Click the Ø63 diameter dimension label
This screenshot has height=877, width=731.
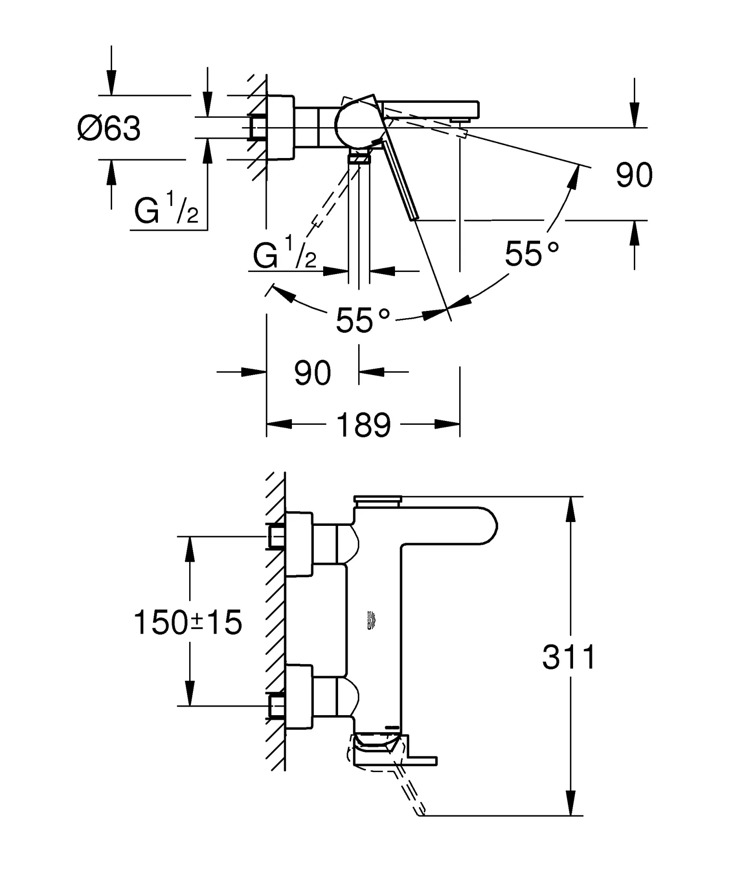pyautogui.click(x=109, y=128)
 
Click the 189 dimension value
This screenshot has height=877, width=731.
pyautogui.click(x=363, y=425)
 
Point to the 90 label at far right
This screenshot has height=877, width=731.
pyautogui.click(x=634, y=175)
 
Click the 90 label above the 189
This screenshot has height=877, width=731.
pyautogui.click(x=312, y=373)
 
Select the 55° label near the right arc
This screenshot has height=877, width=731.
pyautogui.click(x=531, y=254)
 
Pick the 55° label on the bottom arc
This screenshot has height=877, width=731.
pyautogui.click(x=363, y=320)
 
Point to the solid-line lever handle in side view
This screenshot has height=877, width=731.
pyautogui.click(x=400, y=182)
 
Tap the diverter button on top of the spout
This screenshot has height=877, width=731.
pyautogui.click(x=377, y=498)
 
